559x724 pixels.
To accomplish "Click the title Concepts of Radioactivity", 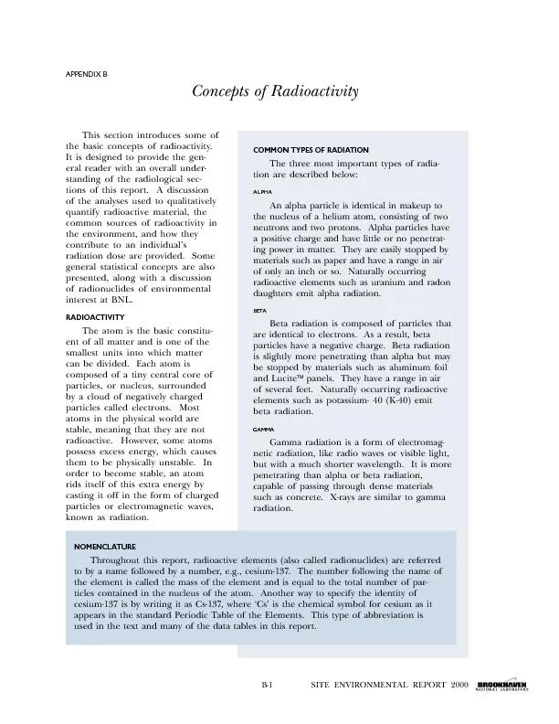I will tap(275, 92).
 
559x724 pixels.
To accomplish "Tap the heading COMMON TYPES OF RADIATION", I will tap(311, 150).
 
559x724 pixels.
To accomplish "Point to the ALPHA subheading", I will tap(262, 193).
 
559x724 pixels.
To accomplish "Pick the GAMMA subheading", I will tap(263, 429).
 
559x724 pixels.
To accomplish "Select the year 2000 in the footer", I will tap(459, 684).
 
